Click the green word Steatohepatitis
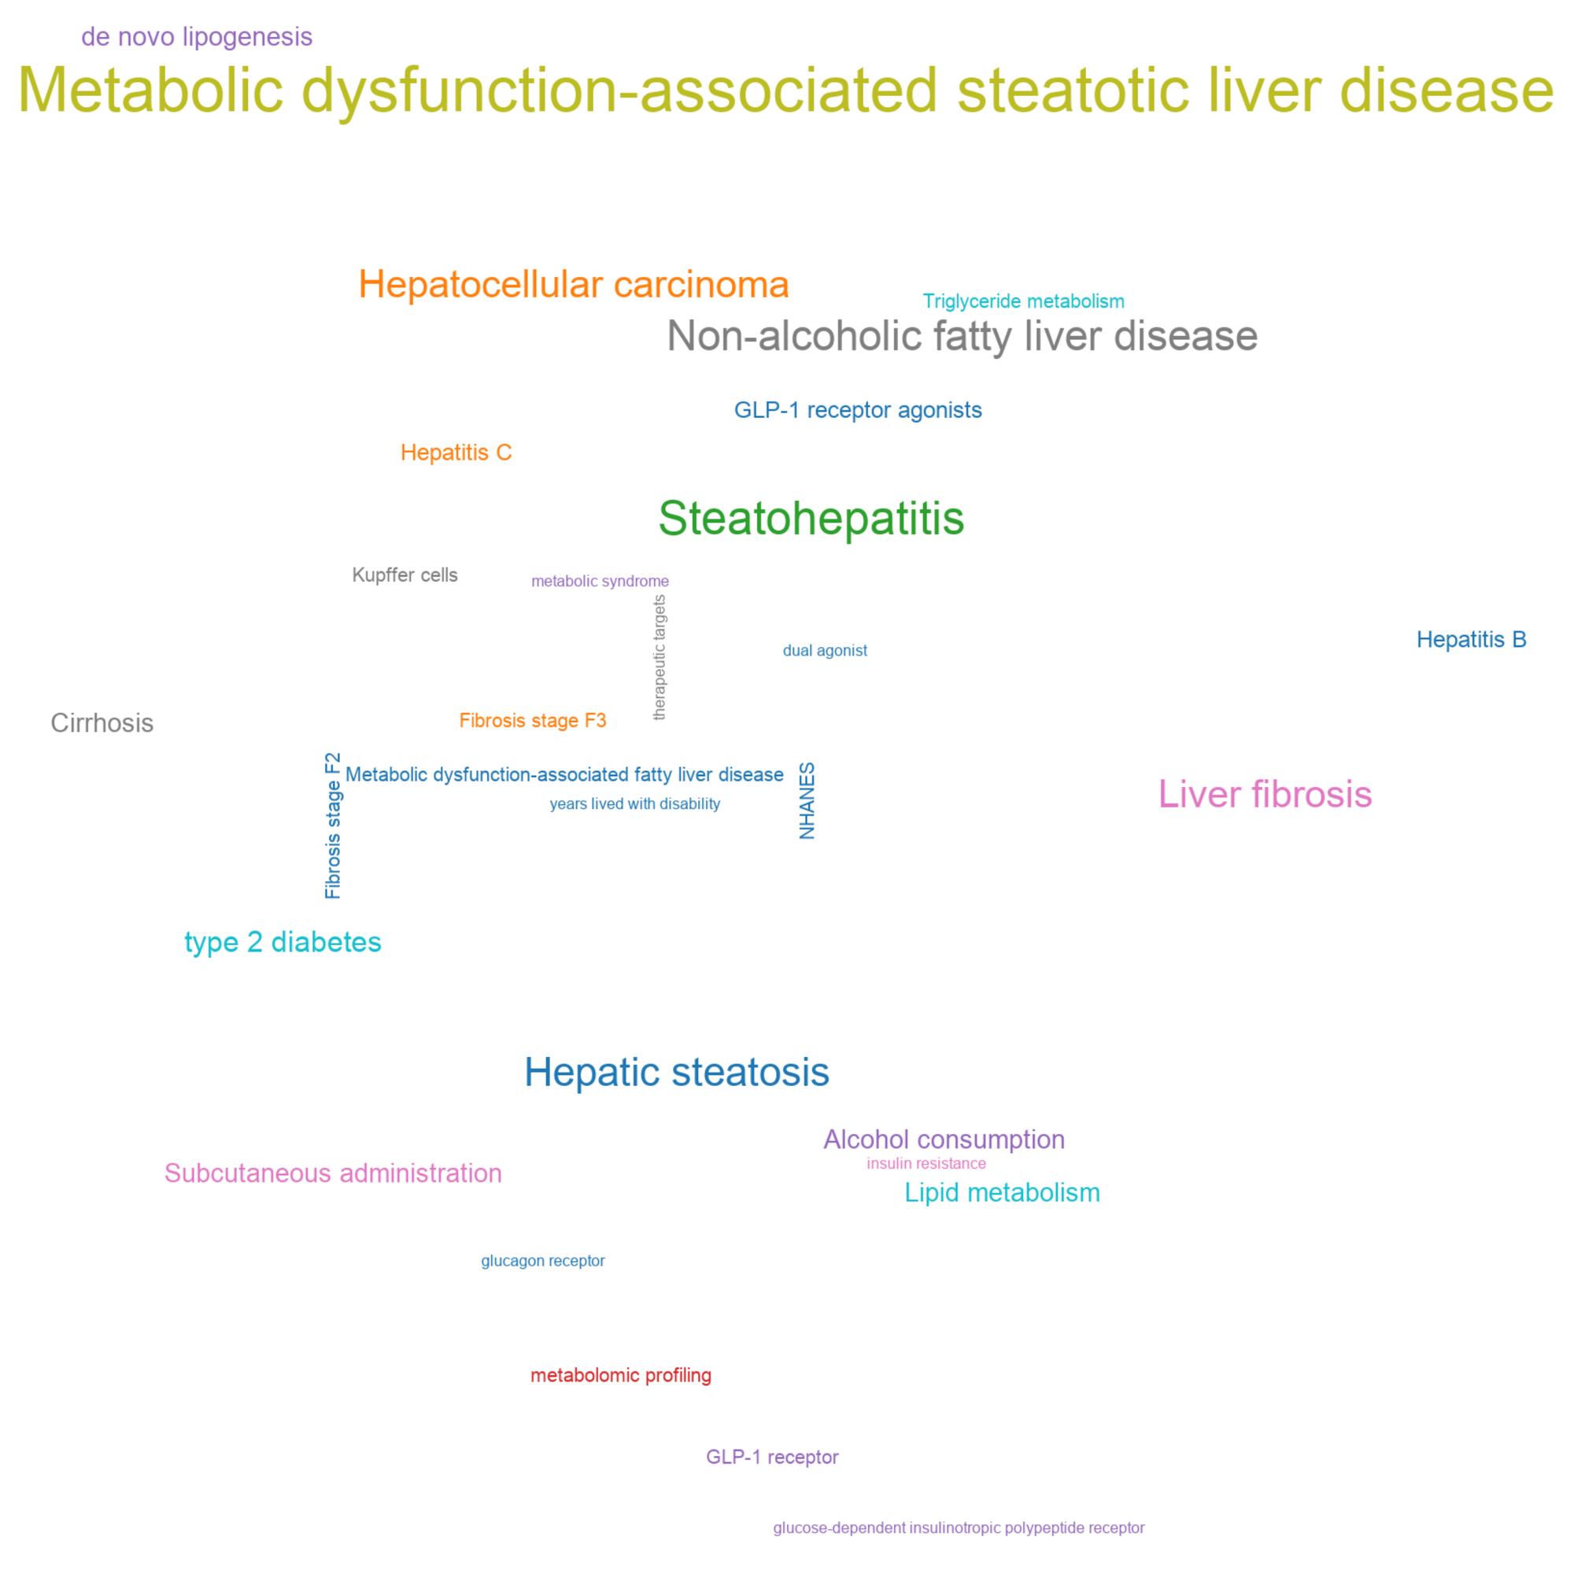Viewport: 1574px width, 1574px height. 811,518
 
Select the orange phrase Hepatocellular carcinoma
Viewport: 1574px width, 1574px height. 574,284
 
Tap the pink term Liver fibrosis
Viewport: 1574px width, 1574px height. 1265,794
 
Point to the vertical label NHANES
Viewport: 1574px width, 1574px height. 807,801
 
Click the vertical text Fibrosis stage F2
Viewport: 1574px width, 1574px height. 333,826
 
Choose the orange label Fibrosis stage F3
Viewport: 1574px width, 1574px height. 533,720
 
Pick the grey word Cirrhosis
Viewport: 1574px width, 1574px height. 102,722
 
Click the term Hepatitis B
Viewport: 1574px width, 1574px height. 1472,640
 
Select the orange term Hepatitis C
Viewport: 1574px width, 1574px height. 456,453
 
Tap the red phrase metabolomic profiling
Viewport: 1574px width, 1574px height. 621,1375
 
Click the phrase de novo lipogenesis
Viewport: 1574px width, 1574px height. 198,38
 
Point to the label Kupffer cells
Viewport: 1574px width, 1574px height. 405,575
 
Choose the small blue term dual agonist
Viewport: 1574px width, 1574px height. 825,650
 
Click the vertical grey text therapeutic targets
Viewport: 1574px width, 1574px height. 660,657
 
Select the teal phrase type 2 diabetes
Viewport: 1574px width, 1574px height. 283,942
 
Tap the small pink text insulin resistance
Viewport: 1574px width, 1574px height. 926,1163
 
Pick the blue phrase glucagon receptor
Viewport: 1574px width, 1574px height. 542,1261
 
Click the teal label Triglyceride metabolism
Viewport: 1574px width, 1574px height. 1023,301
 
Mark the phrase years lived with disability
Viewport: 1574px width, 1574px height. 634,804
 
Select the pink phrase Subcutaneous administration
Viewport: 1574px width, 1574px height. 333,1173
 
